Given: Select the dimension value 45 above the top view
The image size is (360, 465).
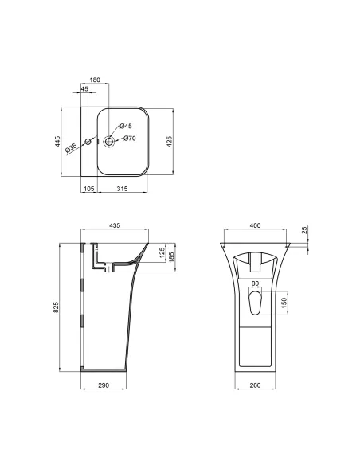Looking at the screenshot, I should (x=84, y=89).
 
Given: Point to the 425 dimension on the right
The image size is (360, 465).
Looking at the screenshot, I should (x=170, y=141).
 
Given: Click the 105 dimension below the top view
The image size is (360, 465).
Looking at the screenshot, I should (x=89, y=189).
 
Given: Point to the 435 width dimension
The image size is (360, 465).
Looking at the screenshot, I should (x=115, y=226).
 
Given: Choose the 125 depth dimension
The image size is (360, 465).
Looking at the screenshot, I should (x=162, y=253).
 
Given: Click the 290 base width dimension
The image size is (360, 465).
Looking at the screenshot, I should (x=104, y=386).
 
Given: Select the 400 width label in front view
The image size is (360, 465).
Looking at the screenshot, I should (x=255, y=226).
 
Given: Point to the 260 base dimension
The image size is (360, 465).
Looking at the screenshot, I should (x=255, y=386).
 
